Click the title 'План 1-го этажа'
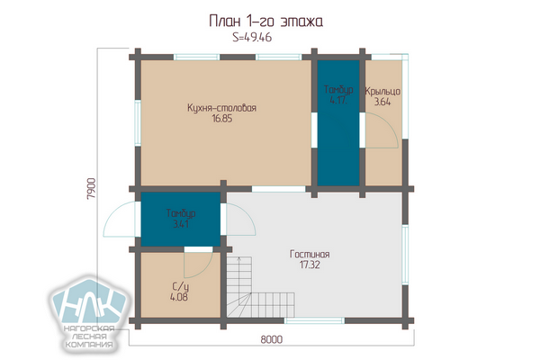265,22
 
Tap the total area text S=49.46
252,37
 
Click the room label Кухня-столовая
221,108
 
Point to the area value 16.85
222,119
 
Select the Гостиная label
310,254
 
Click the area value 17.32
310,265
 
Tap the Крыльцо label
382,91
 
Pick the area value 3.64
382,102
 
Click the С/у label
180,286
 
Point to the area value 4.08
179,297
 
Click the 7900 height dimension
91,189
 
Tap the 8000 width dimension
272,339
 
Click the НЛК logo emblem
89,301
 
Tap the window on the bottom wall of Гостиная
314,320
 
